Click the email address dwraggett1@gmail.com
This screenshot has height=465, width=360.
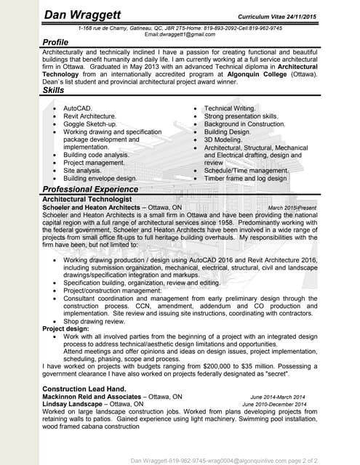[180, 34]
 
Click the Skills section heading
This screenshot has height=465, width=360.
[55, 90]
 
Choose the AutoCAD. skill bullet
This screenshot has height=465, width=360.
[78, 108]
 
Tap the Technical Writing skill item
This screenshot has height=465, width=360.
[230, 108]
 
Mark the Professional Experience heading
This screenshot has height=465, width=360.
[89, 189]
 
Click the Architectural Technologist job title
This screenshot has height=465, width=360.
[87, 199]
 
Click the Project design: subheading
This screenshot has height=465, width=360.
[65, 329]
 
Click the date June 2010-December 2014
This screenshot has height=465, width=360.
[274, 405]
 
